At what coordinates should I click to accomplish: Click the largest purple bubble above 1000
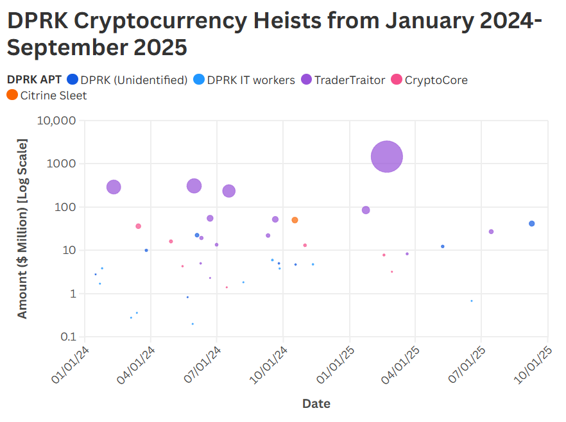point(387,156)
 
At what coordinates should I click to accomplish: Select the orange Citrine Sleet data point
point(295,220)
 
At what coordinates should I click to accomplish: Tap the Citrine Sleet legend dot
point(12,96)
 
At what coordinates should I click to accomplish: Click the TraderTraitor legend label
point(350,80)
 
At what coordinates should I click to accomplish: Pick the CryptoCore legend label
point(436,80)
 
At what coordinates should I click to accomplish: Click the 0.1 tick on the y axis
point(67,337)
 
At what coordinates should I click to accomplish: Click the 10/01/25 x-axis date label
point(536,365)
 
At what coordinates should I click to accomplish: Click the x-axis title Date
point(316,403)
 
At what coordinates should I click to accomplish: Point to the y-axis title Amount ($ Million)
point(22,228)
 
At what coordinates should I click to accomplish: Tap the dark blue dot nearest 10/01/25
point(531,224)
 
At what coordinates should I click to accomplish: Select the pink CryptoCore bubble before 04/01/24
point(138,226)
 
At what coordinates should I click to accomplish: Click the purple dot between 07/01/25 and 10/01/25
point(491,232)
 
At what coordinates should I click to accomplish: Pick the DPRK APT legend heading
point(34,80)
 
